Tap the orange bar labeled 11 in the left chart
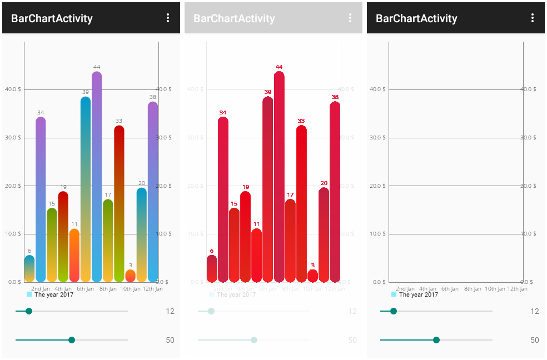click(74, 256)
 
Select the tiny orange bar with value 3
click(130, 276)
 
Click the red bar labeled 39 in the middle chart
click(267, 189)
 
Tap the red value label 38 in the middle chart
click(335, 97)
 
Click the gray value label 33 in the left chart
click(119, 121)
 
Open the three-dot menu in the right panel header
click(533, 18)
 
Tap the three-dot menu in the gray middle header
click(350, 18)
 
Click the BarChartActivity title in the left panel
click(52, 18)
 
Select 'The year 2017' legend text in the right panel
click(418, 294)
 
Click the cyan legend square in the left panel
click(29, 294)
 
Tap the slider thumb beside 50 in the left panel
click(72, 340)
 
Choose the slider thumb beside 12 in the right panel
click(394, 311)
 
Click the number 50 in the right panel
click(534, 340)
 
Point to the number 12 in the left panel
click(170, 311)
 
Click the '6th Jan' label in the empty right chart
click(450, 289)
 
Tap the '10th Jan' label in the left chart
click(130, 289)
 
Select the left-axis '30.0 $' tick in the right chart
click(377, 137)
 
